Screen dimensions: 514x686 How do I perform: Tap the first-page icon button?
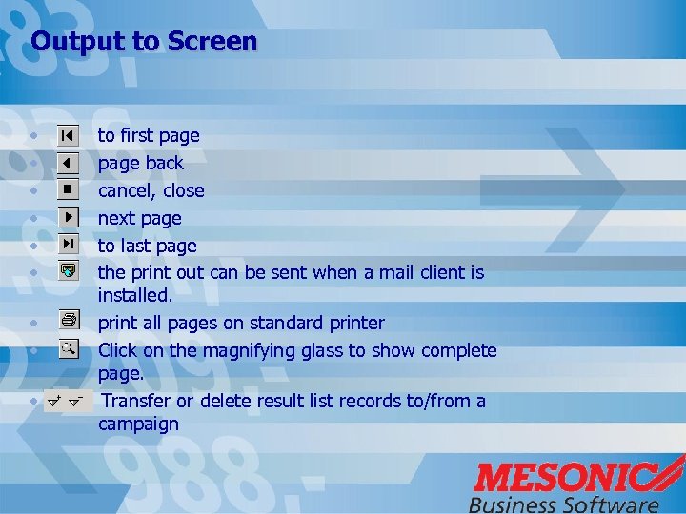click(68, 136)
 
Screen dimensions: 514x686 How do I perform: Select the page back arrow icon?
click(68, 163)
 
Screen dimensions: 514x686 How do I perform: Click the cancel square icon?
click(68, 190)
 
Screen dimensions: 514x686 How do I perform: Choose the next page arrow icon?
click(68, 218)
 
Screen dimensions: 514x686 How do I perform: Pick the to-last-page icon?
click(68, 245)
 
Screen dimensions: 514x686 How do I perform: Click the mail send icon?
click(68, 272)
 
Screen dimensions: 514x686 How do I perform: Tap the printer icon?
click(68, 322)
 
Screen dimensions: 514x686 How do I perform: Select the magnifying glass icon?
click(68, 349)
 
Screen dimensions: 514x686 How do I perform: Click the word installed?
click(134, 296)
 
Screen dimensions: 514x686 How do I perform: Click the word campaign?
click(138, 425)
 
